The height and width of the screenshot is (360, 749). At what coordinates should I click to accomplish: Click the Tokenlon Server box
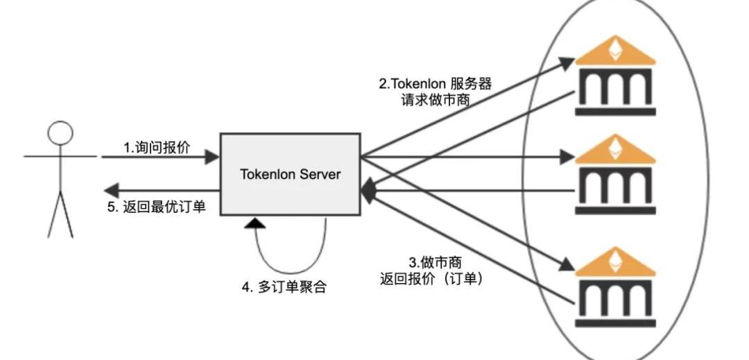pyautogui.click(x=291, y=173)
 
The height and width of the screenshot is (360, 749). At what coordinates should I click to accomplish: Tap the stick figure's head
pyautogui.click(x=60, y=132)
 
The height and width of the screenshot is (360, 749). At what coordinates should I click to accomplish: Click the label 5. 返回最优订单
pyautogui.click(x=156, y=206)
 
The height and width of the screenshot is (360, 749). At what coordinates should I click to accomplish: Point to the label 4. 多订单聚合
pyautogui.click(x=284, y=287)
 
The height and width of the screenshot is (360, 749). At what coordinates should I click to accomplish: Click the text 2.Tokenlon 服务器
pyautogui.click(x=435, y=84)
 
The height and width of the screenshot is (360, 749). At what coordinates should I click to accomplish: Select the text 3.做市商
pyautogui.click(x=435, y=263)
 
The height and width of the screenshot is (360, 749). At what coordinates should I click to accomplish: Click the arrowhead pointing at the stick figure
pyautogui.click(x=110, y=189)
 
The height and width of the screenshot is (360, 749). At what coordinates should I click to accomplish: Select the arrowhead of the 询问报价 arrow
pyautogui.click(x=213, y=157)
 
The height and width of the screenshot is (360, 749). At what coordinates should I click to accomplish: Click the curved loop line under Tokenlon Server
pyautogui.click(x=291, y=271)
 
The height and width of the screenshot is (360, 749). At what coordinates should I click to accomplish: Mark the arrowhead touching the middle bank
pyautogui.click(x=568, y=157)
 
